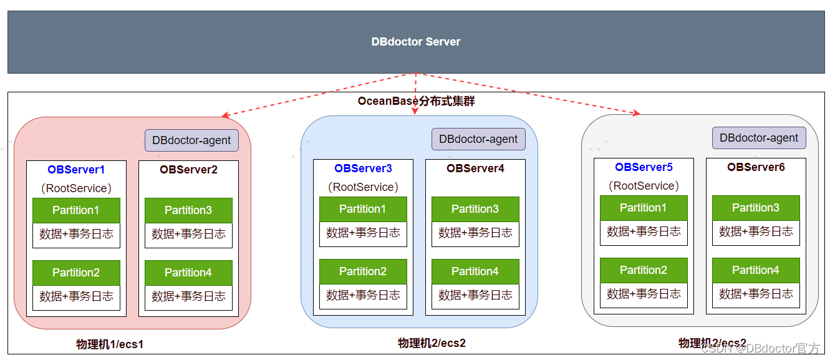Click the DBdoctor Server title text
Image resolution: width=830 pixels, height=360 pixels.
point(416,42)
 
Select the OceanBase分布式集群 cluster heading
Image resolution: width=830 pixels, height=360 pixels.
point(416,101)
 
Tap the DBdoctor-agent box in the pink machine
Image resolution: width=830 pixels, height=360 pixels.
point(191,140)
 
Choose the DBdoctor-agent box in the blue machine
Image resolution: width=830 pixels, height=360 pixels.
point(478,139)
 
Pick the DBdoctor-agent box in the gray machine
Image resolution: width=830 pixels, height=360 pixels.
point(759,138)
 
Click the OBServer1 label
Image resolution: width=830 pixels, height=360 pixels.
point(76,169)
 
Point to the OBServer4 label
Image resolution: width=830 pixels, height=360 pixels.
point(475,168)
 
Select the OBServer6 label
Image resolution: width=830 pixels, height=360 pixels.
point(756,167)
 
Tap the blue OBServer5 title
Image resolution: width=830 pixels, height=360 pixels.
point(644,167)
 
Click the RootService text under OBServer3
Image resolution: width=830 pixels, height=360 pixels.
point(363,187)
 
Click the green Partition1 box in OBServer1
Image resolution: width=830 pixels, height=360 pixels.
point(76,210)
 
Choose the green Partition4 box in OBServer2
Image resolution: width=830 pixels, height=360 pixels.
point(188,273)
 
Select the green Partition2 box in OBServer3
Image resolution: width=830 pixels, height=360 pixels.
point(363,271)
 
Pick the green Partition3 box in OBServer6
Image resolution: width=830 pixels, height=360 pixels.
point(756,208)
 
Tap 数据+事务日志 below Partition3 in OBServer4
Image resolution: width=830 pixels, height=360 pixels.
point(475,233)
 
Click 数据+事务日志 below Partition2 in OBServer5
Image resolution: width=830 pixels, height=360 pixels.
point(644,294)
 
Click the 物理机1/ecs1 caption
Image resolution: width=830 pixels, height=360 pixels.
point(110,344)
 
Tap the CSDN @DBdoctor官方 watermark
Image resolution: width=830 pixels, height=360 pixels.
point(760,348)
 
